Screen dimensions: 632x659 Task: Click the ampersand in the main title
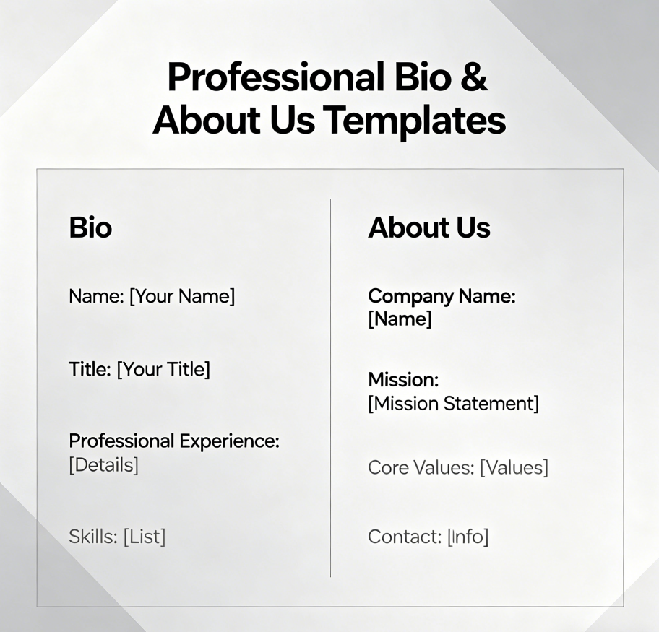click(x=473, y=77)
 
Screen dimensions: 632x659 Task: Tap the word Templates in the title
click(x=414, y=120)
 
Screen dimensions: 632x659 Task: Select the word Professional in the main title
click(x=275, y=77)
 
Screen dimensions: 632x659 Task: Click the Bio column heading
click(x=90, y=228)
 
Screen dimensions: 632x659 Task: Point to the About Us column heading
click(x=429, y=228)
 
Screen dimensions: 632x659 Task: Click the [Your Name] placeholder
click(x=182, y=296)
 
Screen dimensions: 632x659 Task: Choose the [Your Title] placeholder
click(x=163, y=370)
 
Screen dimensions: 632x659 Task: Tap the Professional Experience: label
click(x=174, y=441)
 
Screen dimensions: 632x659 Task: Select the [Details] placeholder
click(x=103, y=464)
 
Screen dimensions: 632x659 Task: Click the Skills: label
click(x=92, y=537)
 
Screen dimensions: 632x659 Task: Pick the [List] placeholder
click(x=145, y=537)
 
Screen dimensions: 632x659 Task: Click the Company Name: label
click(x=442, y=296)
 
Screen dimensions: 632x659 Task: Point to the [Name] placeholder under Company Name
click(x=400, y=319)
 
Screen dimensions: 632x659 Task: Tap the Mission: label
click(x=403, y=380)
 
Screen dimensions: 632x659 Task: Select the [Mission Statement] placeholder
click(x=453, y=403)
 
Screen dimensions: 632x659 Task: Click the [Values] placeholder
click(x=514, y=467)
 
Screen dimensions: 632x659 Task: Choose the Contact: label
click(x=404, y=537)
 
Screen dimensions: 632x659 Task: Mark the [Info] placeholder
click(x=468, y=537)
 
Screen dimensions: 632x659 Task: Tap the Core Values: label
click(x=421, y=467)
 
